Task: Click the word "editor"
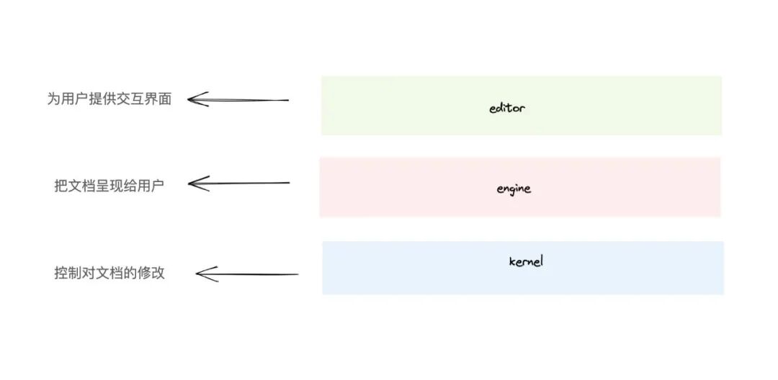pyautogui.click(x=507, y=109)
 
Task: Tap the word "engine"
pyautogui.click(x=514, y=189)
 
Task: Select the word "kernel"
pyautogui.click(x=525, y=261)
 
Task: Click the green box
pyautogui.click(x=612, y=105)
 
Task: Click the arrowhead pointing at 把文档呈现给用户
pyautogui.click(x=195, y=184)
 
